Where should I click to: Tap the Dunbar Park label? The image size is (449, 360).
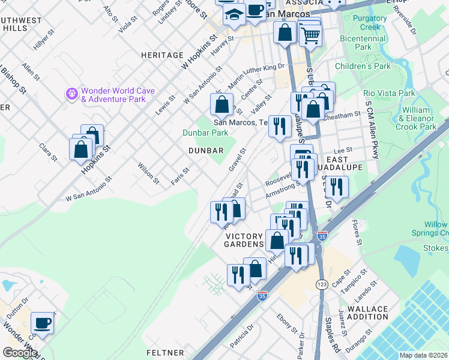tap(206, 133)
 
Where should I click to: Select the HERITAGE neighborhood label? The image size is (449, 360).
tap(162, 55)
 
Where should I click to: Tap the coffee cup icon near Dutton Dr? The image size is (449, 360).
tap(43, 323)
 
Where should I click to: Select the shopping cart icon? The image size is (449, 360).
tap(310, 35)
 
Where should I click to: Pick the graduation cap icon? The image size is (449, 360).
tap(234, 14)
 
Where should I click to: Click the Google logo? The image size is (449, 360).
tap(19, 352)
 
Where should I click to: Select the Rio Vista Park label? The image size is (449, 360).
tap(389, 94)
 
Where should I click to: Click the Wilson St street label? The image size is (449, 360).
tap(149, 173)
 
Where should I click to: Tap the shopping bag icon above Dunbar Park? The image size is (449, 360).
tap(221, 104)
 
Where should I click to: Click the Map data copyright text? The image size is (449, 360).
tap(423, 355)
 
